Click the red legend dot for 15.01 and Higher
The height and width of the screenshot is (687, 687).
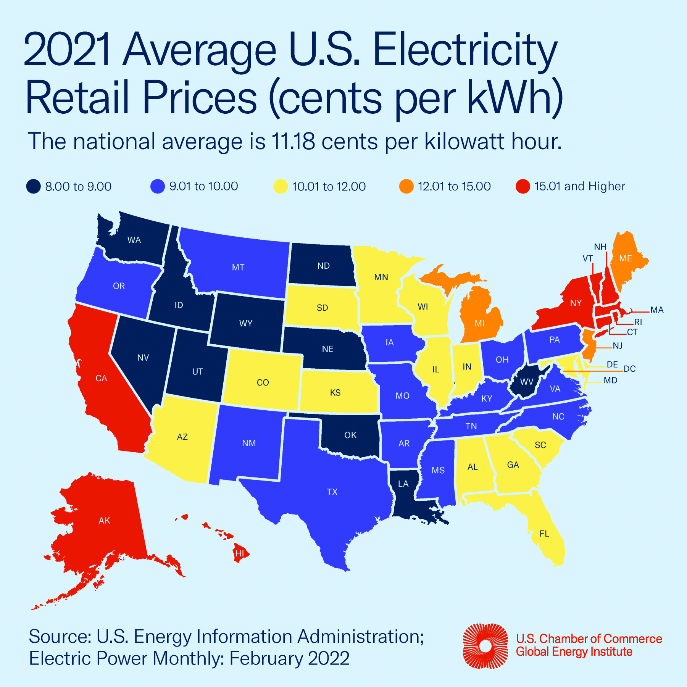point(523,186)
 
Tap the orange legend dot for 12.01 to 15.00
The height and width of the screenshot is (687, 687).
point(406,186)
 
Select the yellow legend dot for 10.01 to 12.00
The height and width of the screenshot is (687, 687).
point(281,186)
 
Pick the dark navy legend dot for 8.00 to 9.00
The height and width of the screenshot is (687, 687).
point(34,186)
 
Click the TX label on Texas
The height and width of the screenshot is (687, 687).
point(332,492)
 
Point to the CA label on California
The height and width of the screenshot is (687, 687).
point(101,378)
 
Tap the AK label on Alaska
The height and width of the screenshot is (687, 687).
point(104,521)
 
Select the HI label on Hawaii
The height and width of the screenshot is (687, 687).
point(240,553)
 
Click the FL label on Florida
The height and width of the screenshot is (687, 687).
point(544,534)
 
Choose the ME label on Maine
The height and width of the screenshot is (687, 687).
point(626,258)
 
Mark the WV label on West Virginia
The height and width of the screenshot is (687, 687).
point(527,382)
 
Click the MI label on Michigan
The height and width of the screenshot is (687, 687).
point(480,324)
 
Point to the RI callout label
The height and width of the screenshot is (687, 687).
point(638,322)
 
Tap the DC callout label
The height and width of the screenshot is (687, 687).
point(630,369)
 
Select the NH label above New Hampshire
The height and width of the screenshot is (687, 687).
point(600,247)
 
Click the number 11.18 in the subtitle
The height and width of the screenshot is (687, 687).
point(293,141)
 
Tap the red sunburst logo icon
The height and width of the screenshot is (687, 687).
point(485,646)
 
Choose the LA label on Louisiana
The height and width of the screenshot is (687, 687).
point(403,484)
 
